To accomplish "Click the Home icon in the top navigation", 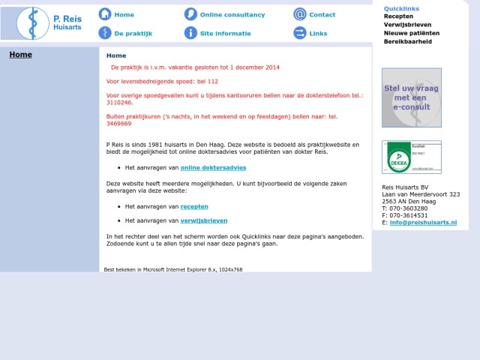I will click(105, 14).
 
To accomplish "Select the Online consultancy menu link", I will click(232, 15).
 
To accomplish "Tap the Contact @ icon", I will click(300, 14).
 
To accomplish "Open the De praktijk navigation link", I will click(133, 34).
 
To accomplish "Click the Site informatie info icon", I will click(190, 33).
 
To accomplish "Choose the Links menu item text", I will click(318, 34).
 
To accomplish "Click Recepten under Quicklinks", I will click(398, 16).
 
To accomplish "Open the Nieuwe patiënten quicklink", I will click(412, 33).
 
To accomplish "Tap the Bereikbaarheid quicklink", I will click(407, 42).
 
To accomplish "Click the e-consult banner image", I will click(411, 97).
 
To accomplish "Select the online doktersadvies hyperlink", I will click(213, 167).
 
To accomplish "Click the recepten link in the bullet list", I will click(194, 206).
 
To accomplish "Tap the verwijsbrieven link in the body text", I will click(204, 220).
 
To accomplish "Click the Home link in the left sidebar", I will click(20, 55).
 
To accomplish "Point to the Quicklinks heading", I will click(401, 8).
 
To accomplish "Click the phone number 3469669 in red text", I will click(119, 124).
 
